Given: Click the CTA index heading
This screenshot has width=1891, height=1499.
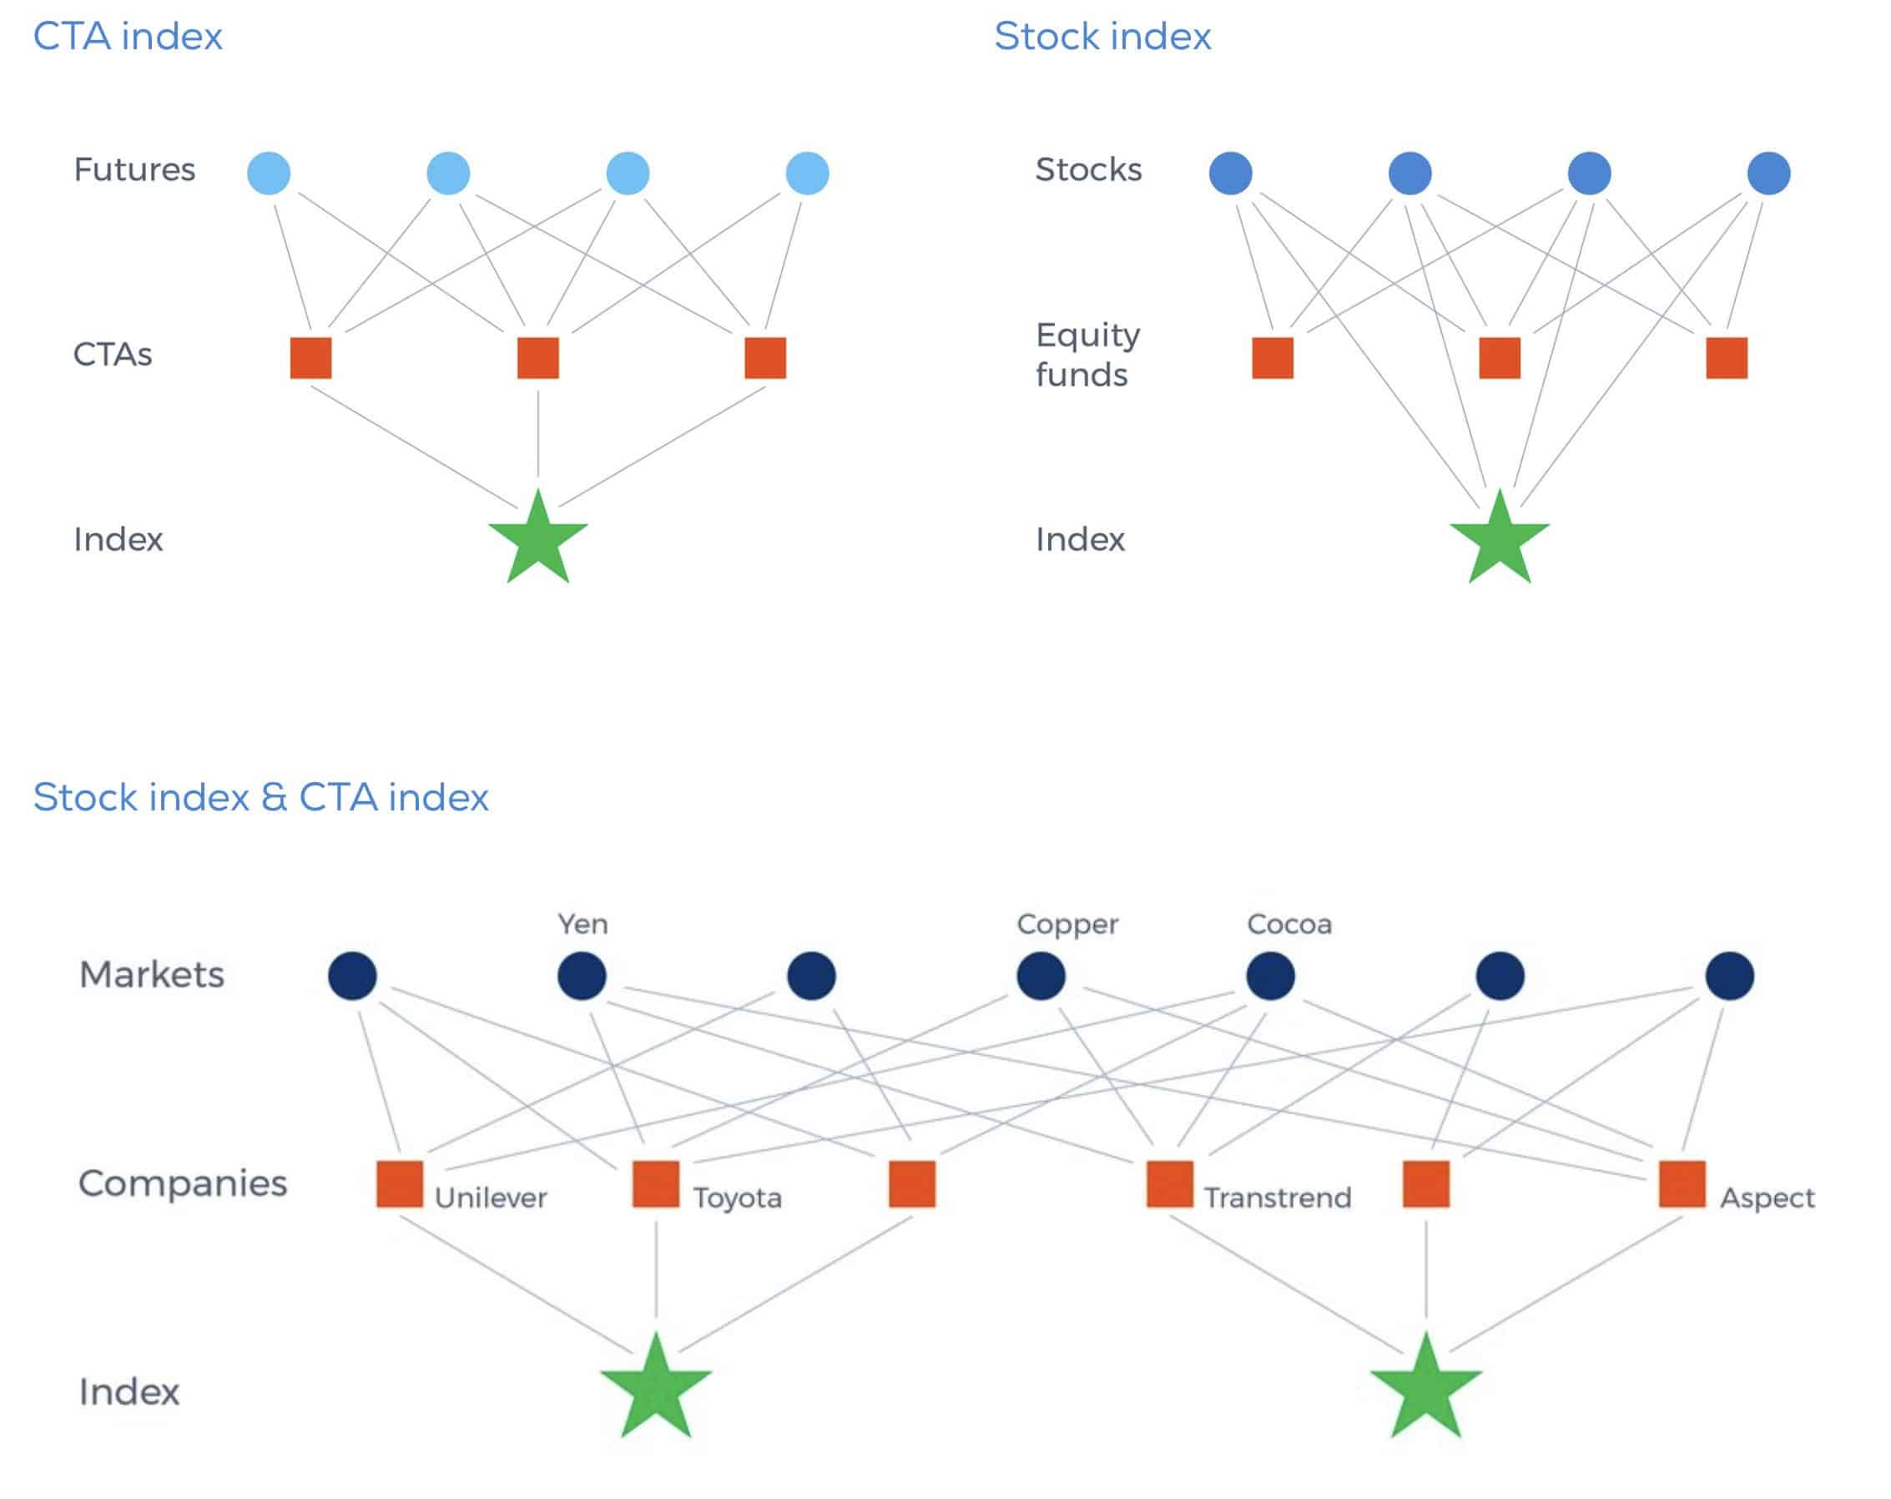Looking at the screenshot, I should click(127, 37).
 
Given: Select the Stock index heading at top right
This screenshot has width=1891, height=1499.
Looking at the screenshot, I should click(1102, 37).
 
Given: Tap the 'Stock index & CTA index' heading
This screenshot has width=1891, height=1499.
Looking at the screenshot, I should click(260, 797).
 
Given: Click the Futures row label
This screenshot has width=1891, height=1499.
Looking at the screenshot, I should click(134, 169).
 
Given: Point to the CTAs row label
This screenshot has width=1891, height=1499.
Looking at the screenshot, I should click(113, 355).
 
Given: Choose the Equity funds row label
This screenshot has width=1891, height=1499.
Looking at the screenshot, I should click(1087, 355).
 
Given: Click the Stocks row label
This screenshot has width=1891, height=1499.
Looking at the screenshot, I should click(1087, 169).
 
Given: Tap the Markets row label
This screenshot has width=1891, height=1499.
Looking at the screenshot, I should click(152, 975).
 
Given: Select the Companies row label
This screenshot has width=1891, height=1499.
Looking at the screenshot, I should click(183, 1184).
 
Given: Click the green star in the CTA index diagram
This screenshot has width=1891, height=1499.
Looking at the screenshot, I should click(537, 539).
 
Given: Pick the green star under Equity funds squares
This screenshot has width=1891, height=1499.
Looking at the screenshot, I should click(1499, 539).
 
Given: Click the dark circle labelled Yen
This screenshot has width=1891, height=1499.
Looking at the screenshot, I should click(582, 976).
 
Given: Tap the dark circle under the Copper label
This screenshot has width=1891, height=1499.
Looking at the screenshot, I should click(1041, 976).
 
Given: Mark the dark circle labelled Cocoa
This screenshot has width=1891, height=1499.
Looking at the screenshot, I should click(1270, 976).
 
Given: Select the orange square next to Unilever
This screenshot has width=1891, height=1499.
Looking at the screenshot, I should click(399, 1184).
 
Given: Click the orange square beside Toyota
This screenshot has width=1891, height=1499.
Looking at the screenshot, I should click(655, 1184).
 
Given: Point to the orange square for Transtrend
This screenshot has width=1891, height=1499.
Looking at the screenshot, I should click(1169, 1184).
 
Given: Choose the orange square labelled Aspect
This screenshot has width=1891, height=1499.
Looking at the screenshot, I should click(1682, 1184).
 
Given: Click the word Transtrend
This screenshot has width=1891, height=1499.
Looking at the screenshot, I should click(1277, 1199).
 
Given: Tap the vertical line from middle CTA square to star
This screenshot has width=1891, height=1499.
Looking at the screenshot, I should click(537, 434).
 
